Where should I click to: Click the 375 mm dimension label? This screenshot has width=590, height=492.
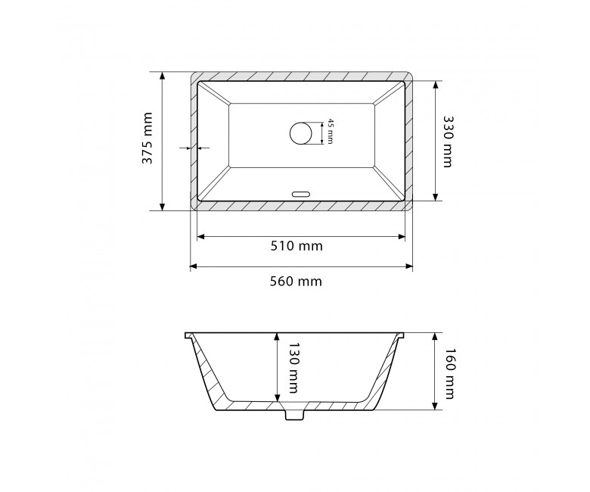(147, 139)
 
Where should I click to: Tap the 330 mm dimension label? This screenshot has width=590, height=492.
(448, 141)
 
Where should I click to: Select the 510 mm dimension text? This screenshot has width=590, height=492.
(297, 246)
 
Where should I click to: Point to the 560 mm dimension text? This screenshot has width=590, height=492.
(296, 281)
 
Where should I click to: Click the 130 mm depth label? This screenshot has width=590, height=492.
(293, 367)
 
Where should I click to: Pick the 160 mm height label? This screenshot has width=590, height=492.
(449, 373)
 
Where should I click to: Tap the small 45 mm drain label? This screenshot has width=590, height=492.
(330, 131)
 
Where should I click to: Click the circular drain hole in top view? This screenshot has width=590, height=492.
(300, 133)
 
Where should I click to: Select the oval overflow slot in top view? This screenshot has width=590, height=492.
(301, 195)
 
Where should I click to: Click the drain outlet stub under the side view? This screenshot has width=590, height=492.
(294, 414)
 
